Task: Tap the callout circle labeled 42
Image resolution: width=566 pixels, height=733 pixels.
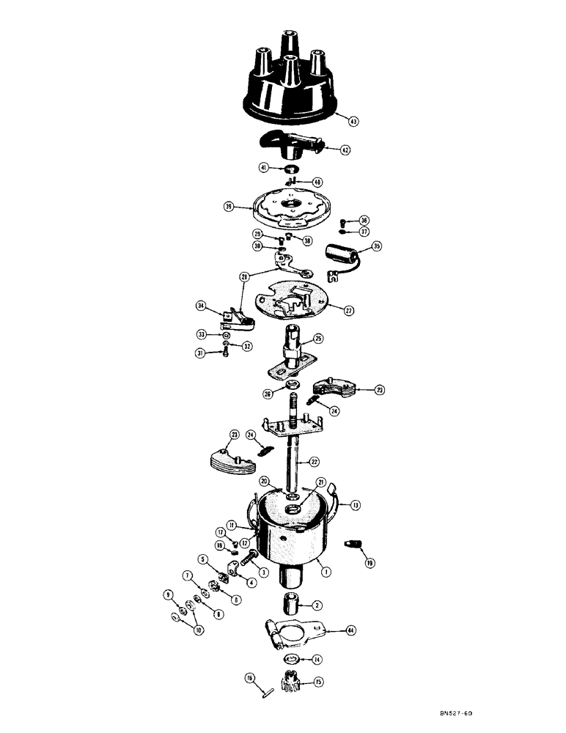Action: coord(344,150)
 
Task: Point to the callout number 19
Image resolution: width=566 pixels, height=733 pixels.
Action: coord(369,564)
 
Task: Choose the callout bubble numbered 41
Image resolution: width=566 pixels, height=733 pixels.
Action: coord(263,168)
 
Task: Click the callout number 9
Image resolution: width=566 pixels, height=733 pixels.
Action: coord(167,594)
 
